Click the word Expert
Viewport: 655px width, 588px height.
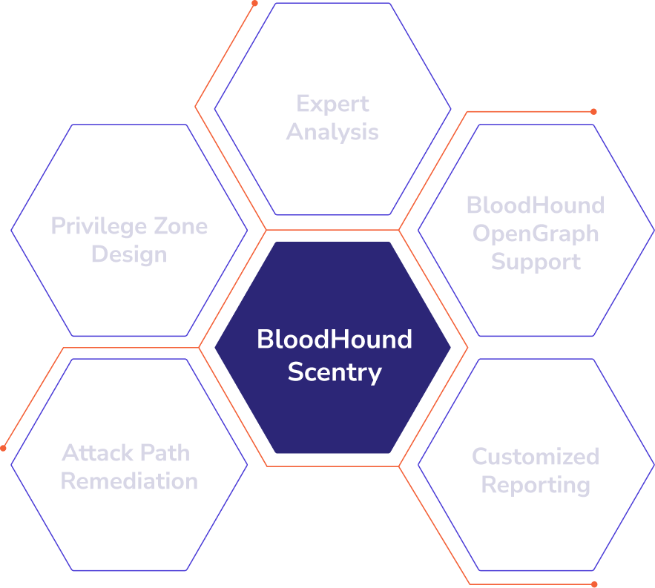(332, 104)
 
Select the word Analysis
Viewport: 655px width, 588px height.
(332, 132)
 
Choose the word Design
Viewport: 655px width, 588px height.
(129, 254)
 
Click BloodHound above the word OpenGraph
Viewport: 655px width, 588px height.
(535, 205)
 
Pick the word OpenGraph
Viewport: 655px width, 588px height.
(535, 234)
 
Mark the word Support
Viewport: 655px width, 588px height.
(535, 262)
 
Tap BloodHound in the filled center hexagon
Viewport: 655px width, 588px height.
(334, 340)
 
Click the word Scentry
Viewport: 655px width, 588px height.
(334, 371)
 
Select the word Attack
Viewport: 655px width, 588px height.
(93, 452)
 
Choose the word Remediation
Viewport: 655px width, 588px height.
(129, 480)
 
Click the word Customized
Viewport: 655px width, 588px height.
(535, 456)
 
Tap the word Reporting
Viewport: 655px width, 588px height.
(535, 485)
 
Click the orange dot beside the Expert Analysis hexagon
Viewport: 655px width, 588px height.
(254, 4)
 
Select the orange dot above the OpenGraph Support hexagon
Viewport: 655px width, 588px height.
(593, 112)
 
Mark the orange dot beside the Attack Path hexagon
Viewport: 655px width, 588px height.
(4, 449)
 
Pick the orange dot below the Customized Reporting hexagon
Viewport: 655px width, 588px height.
(594, 584)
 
